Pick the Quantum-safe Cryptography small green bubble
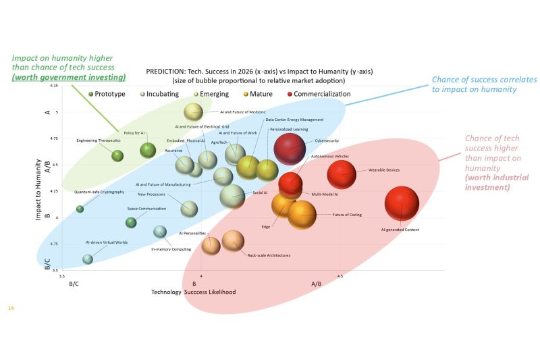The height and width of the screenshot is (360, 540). (x=80, y=209)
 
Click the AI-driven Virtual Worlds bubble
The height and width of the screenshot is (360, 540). (x=87, y=259)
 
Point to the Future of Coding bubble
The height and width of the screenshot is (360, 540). (x=302, y=215)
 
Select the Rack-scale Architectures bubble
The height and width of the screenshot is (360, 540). (x=233, y=240)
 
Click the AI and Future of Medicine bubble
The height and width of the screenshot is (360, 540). (x=194, y=111)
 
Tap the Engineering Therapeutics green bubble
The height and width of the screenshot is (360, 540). (x=117, y=155)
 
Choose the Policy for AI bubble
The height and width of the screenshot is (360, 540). (x=148, y=150)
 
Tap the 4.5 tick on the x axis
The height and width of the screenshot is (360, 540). (x=340, y=276)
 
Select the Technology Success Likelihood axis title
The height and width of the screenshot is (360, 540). (x=193, y=292)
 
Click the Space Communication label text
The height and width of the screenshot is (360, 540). (x=146, y=208)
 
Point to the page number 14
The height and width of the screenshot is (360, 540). (x=10, y=308)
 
